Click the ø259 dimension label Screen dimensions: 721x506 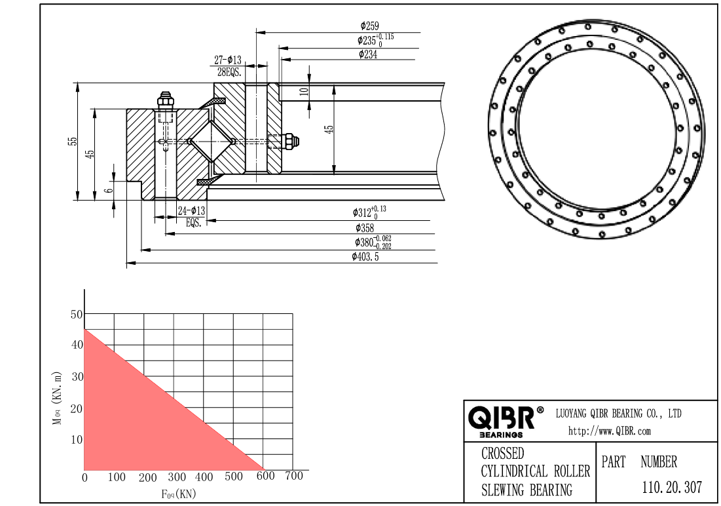[x=370, y=26]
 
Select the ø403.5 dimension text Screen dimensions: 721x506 [x=365, y=257]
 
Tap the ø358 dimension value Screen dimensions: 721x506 [x=365, y=227]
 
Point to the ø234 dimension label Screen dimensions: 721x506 [x=368, y=54]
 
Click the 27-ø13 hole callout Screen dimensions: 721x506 [x=228, y=60]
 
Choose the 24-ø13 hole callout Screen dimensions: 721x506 [x=192, y=211]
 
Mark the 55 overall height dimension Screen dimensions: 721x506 [x=73, y=142]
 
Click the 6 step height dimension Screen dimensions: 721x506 [x=109, y=190]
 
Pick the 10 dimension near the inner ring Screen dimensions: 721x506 [x=304, y=91]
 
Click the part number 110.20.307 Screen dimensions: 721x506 [x=672, y=487]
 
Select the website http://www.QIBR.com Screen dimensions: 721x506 [x=609, y=431]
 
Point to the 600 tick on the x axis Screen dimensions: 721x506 [x=265, y=476]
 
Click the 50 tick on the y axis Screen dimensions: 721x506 [x=77, y=315]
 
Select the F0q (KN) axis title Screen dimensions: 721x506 [x=178, y=494]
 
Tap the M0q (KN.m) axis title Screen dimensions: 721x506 [x=56, y=398]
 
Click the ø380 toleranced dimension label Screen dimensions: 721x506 [x=373, y=242]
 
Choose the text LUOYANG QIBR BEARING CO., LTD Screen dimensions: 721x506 [x=618, y=414]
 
